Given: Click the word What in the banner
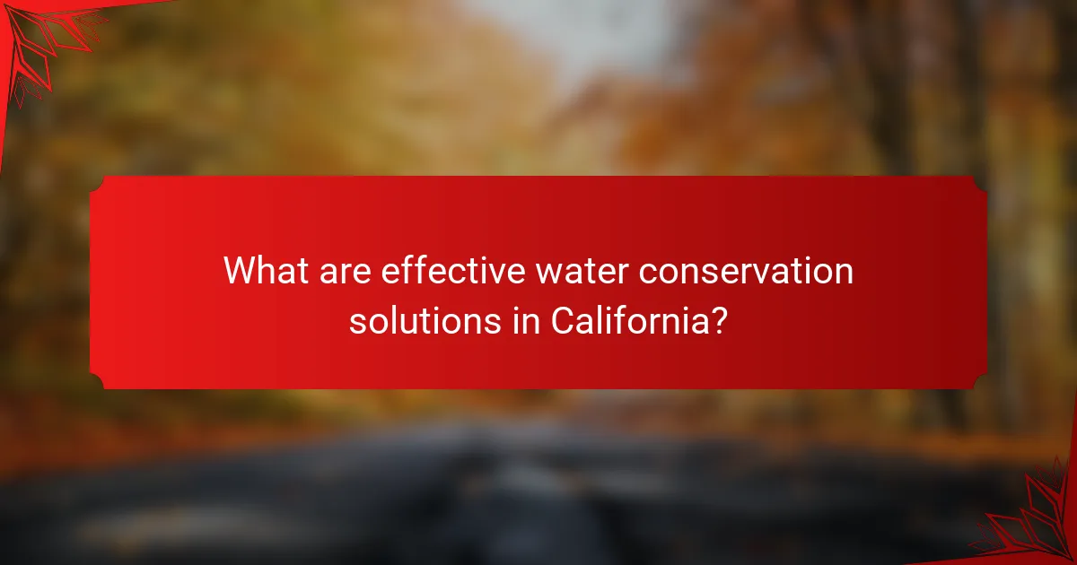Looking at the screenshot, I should click(266, 270).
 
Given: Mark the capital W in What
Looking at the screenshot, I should click(240, 270).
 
